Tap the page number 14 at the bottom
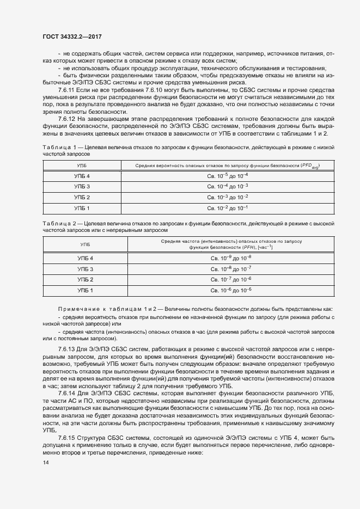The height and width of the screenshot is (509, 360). pos(45,463)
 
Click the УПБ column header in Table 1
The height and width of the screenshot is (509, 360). pos(81,164)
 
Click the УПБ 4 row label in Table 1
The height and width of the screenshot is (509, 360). pos(82,176)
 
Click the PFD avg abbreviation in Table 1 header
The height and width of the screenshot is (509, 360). pos(310,165)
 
